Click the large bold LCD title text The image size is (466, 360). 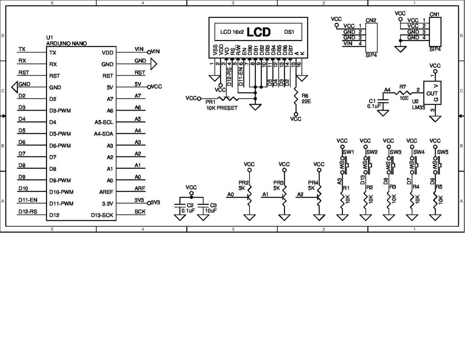(258, 32)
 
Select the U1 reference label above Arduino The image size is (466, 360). (50, 38)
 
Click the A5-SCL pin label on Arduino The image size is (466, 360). (104, 122)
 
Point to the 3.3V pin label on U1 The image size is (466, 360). (107, 203)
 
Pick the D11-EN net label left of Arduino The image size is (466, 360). (28, 200)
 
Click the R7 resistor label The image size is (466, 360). (402, 86)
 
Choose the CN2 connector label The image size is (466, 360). (371, 20)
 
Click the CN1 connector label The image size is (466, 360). (434, 14)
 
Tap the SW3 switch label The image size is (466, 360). (395, 152)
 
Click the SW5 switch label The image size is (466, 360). (443, 152)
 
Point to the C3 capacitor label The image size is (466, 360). (213, 205)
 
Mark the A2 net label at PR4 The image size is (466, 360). (300, 194)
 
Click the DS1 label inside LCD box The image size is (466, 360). (289, 32)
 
